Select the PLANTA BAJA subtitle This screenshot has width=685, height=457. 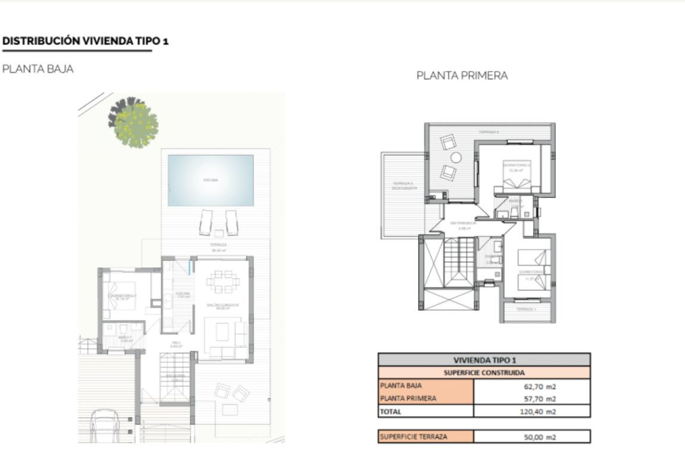click(x=38, y=69)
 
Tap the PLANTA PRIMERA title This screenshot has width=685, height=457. click(x=462, y=76)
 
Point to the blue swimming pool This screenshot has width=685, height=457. click(x=210, y=180)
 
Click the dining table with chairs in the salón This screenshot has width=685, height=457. click(x=223, y=282)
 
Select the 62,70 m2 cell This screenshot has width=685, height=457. click(x=540, y=386)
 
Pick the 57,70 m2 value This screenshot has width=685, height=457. click(x=540, y=398)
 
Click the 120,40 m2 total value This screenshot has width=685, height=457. click(x=538, y=411)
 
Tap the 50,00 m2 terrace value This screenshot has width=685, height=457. click(x=540, y=437)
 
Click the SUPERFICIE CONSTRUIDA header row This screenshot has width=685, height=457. click(x=484, y=373)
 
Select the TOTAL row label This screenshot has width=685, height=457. click(x=391, y=411)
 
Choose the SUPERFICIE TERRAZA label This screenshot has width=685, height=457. click(x=413, y=437)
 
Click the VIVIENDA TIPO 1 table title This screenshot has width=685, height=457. click(x=484, y=360)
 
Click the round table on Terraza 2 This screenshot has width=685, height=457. click(x=456, y=157)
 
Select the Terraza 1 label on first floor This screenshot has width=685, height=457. click(x=527, y=309)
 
